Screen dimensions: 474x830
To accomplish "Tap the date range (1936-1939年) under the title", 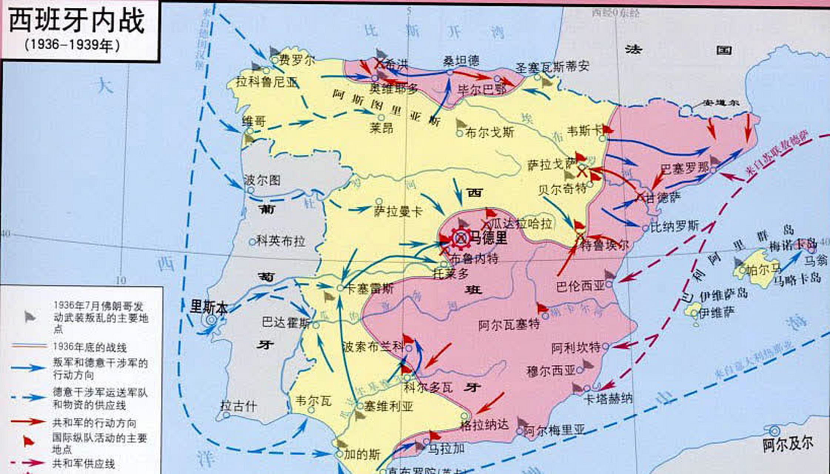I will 73,45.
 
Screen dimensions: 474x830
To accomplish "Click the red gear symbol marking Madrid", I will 460,238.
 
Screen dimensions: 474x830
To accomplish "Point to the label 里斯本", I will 208,307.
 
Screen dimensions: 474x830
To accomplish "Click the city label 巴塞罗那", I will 685,169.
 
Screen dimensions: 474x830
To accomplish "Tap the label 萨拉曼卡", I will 398,212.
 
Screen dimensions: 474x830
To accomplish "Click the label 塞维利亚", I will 388,407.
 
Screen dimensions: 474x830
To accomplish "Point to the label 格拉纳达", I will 485,424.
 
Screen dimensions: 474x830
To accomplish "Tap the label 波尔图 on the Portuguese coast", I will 262,180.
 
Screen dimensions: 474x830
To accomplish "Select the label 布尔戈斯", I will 489,133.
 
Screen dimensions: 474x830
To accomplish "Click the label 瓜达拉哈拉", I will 522,224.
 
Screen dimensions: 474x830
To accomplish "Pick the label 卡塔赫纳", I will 608,398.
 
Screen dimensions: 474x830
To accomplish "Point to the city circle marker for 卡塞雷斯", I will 340,288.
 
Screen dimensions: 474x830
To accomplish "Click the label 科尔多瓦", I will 428,387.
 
